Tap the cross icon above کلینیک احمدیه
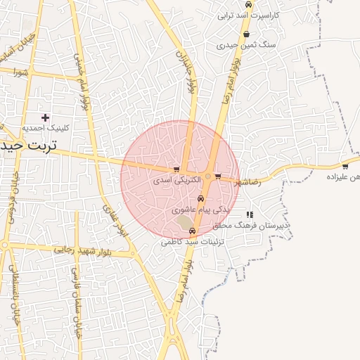point(46,117)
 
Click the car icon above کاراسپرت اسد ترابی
point(248,4)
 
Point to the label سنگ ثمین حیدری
point(247,44)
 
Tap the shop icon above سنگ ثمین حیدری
point(246,34)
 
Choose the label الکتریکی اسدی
point(176,181)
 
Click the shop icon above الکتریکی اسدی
point(176,170)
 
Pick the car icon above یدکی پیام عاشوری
point(200,199)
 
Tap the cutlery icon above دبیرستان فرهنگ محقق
point(250,214)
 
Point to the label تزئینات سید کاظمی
point(191,242)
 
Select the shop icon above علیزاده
point(345,167)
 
